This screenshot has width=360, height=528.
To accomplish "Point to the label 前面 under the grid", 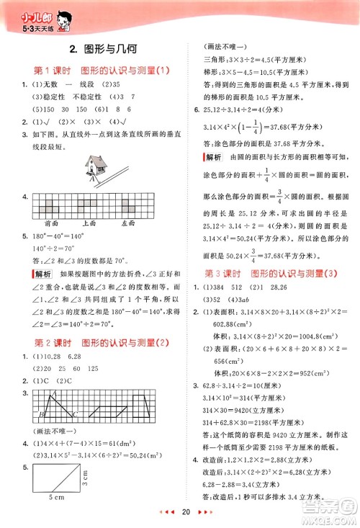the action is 51,223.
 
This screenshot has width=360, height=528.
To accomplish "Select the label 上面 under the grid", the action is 90,223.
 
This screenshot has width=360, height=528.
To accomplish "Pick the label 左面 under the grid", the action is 128,223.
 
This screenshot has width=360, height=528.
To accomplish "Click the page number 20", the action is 185,512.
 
